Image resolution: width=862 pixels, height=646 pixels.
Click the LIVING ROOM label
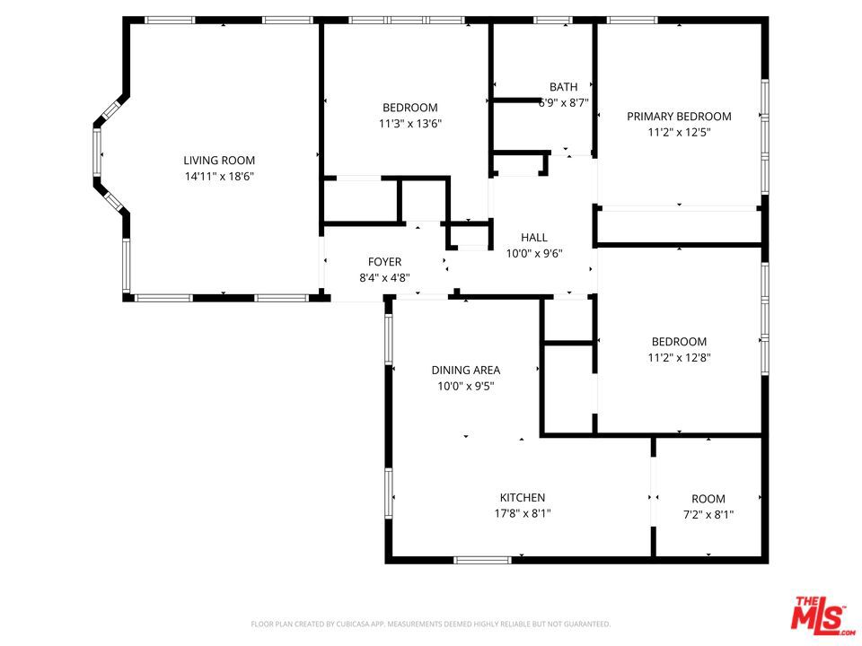tap(219, 161)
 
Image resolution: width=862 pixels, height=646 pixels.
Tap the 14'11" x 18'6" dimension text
tap(219, 177)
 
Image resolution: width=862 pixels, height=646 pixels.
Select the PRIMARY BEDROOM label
tap(679, 117)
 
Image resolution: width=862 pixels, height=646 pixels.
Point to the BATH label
tap(564, 87)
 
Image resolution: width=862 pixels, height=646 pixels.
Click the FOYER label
tap(385, 262)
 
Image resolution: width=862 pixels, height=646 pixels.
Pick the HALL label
tap(534, 237)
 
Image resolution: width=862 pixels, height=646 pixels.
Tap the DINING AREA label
tap(466, 371)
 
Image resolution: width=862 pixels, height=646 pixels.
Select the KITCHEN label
tap(523, 498)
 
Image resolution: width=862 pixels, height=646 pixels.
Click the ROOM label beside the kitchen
tap(708, 499)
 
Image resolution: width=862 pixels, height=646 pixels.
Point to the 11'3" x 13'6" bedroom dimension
tap(410, 124)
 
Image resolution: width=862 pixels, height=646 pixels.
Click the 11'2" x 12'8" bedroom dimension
tap(679, 358)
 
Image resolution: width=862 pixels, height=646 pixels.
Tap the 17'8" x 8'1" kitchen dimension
tap(523, 513)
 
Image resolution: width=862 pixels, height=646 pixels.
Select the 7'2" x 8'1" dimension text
tap(708, 515)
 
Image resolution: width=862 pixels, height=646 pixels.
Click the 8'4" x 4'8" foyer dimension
tap(385, 278)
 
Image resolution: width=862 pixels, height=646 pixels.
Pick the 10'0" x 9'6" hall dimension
tap(534, 253)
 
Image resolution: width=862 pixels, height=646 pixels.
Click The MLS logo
tap(822, 614)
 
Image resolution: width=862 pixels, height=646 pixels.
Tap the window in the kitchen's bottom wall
tap(482, 560)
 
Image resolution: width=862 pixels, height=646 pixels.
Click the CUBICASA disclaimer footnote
tap(430, 624)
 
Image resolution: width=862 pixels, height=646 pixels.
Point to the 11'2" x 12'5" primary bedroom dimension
tap(679, 133)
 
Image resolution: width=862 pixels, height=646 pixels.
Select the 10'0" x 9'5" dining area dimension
tap(466, 386)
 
